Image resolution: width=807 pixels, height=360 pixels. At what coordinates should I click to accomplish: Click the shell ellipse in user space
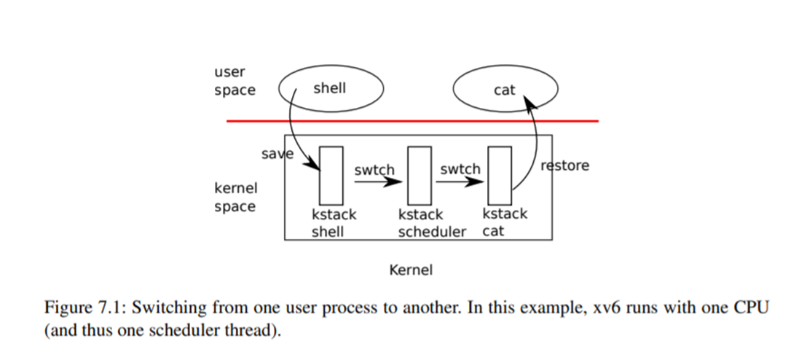click(x=330, y=89)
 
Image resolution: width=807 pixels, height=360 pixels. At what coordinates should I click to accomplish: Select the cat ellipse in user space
click(x=505, y=90)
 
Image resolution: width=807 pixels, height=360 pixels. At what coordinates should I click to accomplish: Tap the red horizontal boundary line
click(x=412, y=121)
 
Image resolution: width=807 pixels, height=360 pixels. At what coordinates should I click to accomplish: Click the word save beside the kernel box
click(x=277, y=154)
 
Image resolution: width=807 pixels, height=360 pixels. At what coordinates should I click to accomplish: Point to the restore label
click(x=564, y=165)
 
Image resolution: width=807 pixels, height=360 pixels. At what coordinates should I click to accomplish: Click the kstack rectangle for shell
click(x=331, y=175)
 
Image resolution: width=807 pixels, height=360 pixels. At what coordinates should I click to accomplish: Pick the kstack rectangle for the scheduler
click(x=419, y=175)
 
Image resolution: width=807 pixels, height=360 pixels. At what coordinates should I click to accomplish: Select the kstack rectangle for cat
click(x=500, y=175)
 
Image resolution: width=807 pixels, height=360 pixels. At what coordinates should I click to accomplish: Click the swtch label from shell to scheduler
click(x=374, y=170)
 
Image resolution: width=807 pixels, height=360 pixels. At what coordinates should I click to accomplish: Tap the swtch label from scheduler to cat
click(x=460, y=169)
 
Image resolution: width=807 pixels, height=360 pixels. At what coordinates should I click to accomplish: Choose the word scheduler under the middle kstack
click(x=432, y=232)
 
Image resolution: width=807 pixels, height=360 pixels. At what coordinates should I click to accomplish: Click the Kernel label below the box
click(x=411, y=270)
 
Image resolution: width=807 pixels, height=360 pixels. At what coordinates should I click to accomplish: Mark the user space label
click(x=235, y=81)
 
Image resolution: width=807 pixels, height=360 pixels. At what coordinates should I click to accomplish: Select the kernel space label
click(x=235, y=197)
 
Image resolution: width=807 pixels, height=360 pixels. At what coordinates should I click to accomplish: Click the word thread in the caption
click(x=237, y=329)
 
